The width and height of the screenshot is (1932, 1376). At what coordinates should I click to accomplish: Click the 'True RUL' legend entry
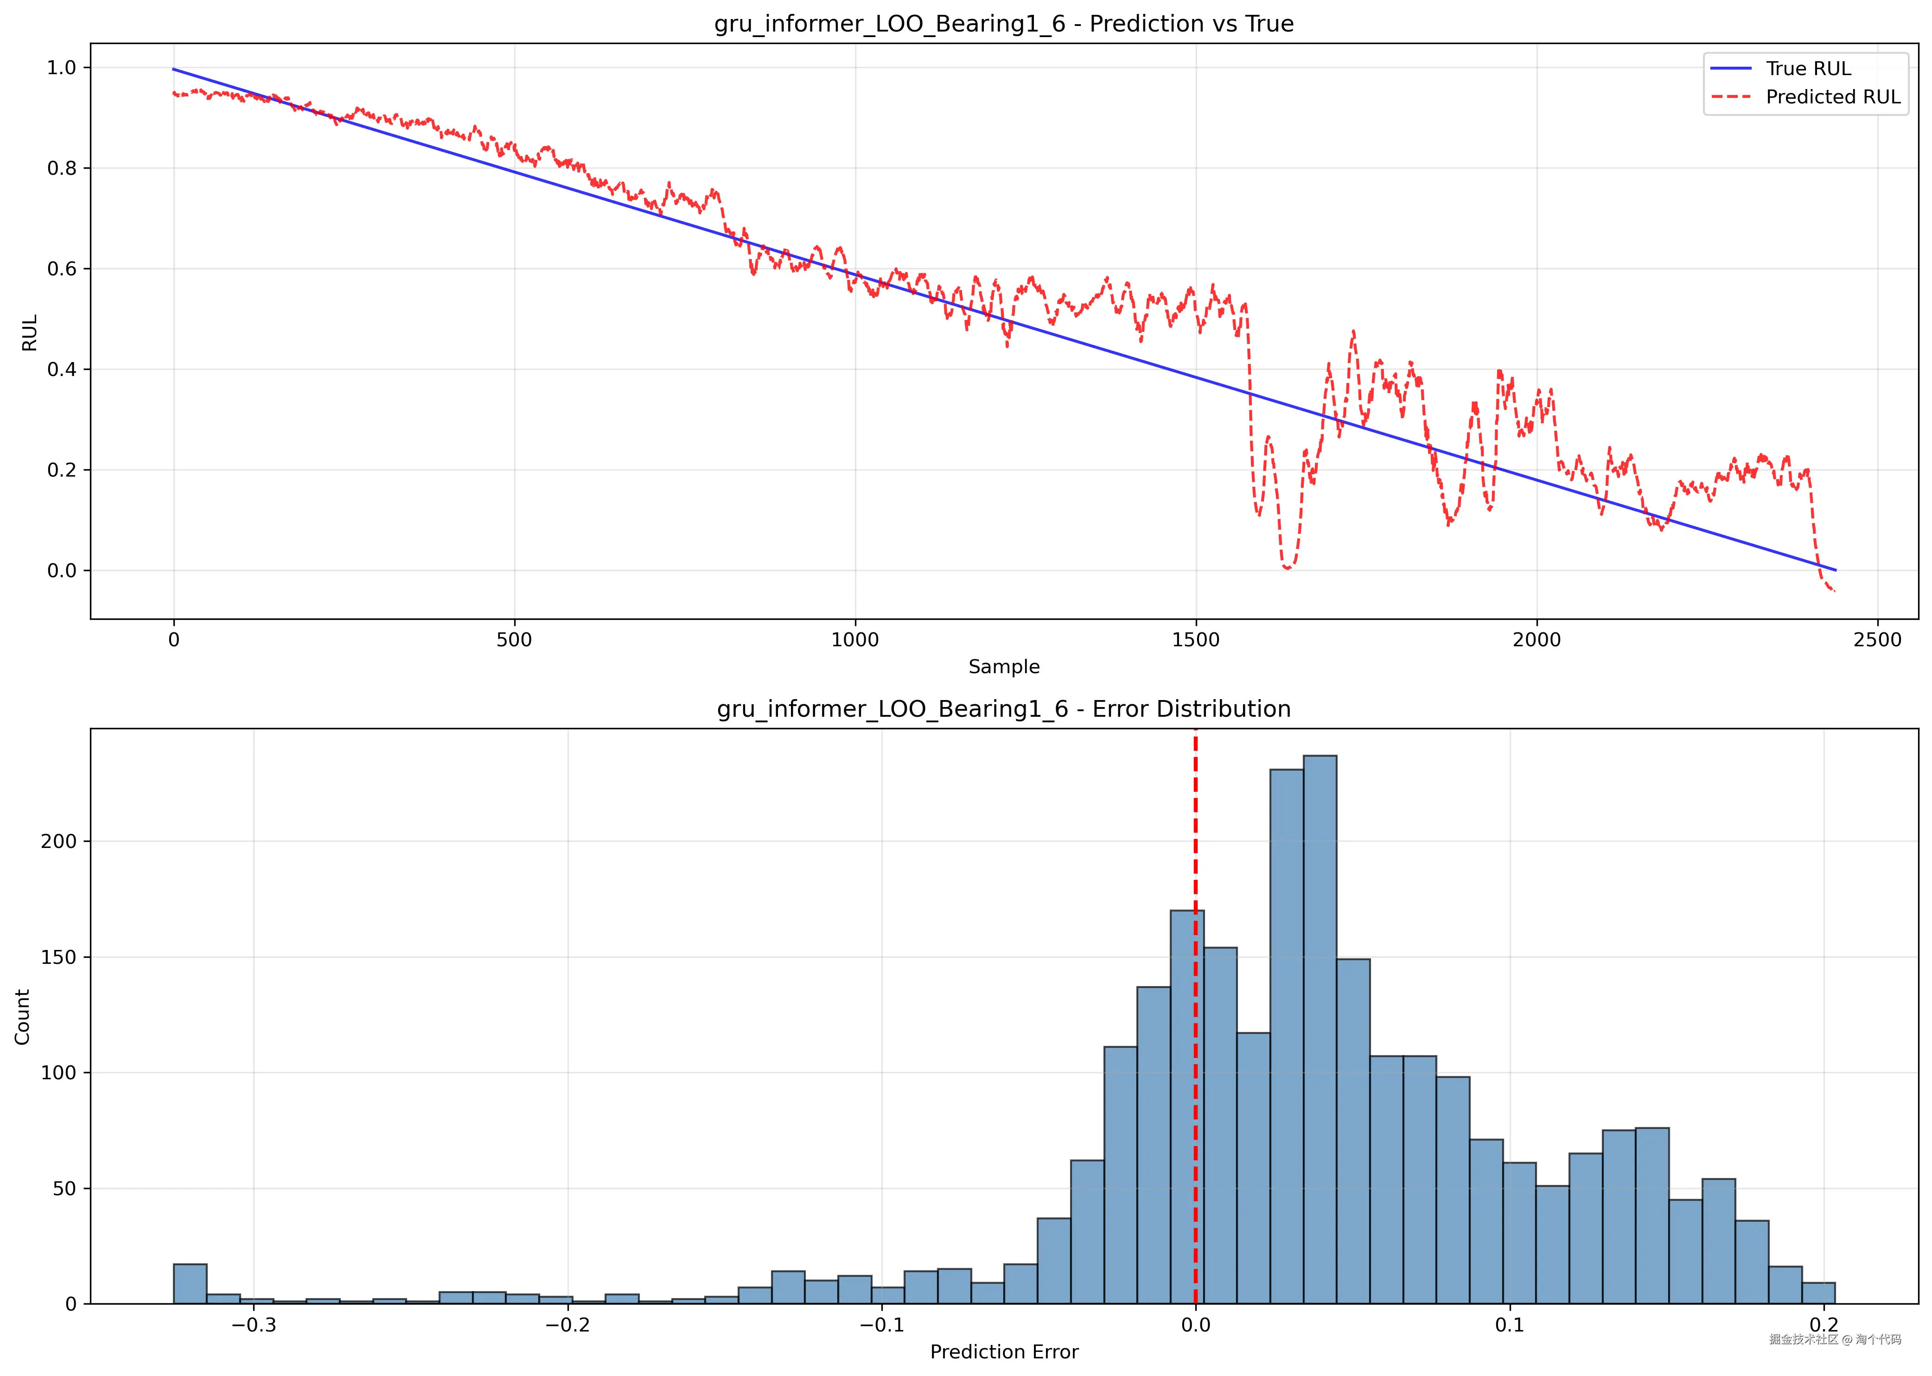1807,69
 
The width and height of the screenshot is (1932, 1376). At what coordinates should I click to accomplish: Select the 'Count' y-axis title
22,1017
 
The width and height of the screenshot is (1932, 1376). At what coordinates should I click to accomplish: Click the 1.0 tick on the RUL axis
62,68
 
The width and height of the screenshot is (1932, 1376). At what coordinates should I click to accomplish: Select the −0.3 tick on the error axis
253,1325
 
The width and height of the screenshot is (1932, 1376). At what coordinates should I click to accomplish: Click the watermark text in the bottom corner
1835,1339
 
